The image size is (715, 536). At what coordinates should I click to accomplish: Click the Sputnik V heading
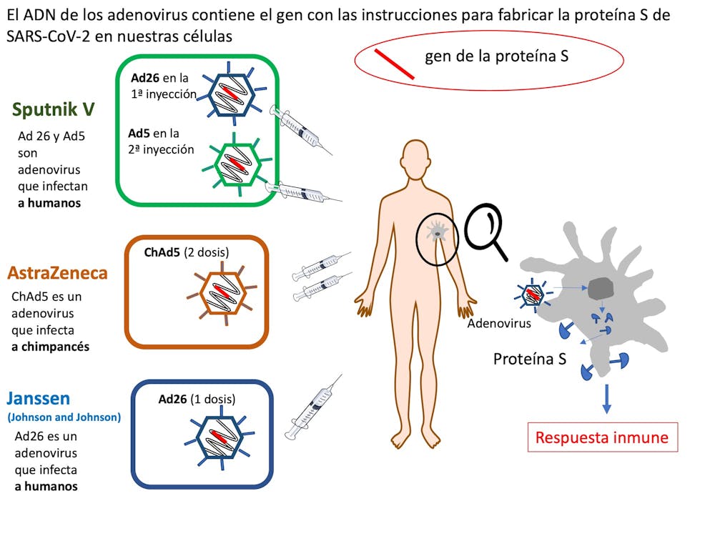point(54,109)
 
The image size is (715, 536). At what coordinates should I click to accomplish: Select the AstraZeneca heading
point(57,272)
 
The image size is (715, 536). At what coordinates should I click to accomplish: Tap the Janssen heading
point(39,398)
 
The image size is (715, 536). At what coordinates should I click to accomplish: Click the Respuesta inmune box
point(602,437)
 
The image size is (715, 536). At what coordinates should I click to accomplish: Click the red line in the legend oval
point(395,63)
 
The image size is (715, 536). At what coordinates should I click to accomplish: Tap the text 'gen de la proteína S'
point(496,56)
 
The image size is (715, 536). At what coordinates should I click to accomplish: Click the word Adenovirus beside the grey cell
point(499,323)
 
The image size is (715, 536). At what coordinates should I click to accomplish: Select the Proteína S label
point(530,358)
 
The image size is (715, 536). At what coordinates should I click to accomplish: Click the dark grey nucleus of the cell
point(602,289)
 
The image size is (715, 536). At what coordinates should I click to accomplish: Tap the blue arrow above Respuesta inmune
point(606,398)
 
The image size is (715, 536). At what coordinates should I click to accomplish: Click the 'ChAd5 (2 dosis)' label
point(187,252)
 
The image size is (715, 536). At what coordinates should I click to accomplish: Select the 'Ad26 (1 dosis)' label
point(197,399)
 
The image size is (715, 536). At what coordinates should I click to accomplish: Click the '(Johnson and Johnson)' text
point(64,417)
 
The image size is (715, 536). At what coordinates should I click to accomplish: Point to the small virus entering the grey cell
point(533,294)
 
